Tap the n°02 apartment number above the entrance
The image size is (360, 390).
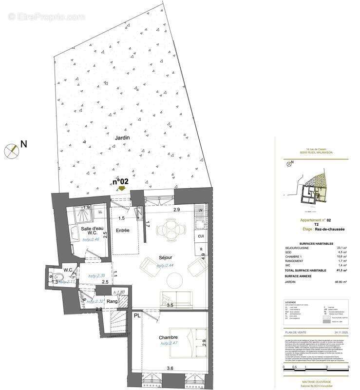click(x=121, y=181)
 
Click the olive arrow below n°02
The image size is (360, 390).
click(x=121, y=189)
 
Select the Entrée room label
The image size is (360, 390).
click(x=122, y=230)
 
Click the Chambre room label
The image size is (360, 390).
click(x=168, y=337)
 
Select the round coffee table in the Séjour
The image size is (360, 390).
click(x=174, y=280)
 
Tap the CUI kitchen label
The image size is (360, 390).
click(x=201, y=236)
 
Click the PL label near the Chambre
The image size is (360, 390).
click(x=137, y=316)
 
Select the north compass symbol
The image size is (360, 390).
click(x=11, y=151)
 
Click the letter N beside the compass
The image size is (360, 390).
click(x=23, y=144)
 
